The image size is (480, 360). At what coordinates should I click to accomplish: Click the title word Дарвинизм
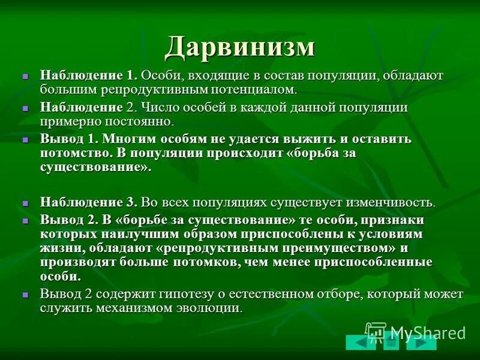point(240,47)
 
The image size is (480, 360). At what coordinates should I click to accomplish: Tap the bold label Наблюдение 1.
point(89,76)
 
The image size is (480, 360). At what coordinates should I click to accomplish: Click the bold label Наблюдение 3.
point(89,202)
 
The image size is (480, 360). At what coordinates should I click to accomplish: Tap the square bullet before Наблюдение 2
point(25,109)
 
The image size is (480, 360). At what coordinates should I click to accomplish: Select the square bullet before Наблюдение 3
point(25,203)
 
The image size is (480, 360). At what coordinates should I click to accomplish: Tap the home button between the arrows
point(391,343)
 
